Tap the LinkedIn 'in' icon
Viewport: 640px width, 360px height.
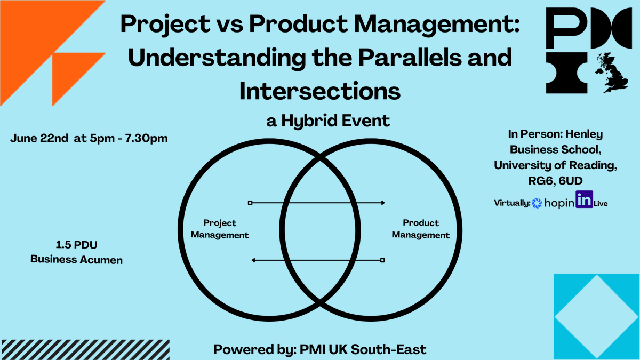585,200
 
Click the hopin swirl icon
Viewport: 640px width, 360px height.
537,203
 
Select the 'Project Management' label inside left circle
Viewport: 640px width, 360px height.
220,229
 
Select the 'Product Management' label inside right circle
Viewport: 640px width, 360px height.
420,229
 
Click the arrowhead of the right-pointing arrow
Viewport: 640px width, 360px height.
382,203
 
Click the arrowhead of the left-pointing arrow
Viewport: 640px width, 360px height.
254,260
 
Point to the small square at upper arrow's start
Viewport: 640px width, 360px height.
250,203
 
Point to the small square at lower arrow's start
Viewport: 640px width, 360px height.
382,260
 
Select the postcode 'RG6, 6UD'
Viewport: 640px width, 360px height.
555,181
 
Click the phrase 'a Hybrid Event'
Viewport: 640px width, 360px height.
328,121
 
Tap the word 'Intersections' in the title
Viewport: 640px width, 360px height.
320,92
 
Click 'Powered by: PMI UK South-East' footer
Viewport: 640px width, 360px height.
320,349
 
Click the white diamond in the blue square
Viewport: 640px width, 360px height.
596,317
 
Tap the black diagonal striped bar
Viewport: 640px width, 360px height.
85,349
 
